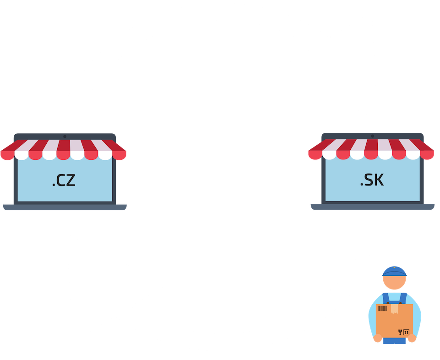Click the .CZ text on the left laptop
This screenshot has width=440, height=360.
click(x=64, y=181)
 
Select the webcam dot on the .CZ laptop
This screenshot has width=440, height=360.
click(x=65, y=136)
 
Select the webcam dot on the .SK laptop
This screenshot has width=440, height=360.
click(x=372, y=136)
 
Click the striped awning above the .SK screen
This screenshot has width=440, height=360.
click(x=371, y=149)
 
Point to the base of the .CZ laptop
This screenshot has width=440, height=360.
click(x=64, y=207)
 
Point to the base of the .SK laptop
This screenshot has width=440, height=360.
click(x=372, y=207)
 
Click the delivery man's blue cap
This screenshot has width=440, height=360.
click(x=394, y=271)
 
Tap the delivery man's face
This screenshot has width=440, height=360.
click(x=394, y=283)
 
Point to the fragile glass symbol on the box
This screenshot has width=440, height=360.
click(x=400, y=331)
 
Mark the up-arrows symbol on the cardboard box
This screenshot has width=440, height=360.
click(x=406, y=331)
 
